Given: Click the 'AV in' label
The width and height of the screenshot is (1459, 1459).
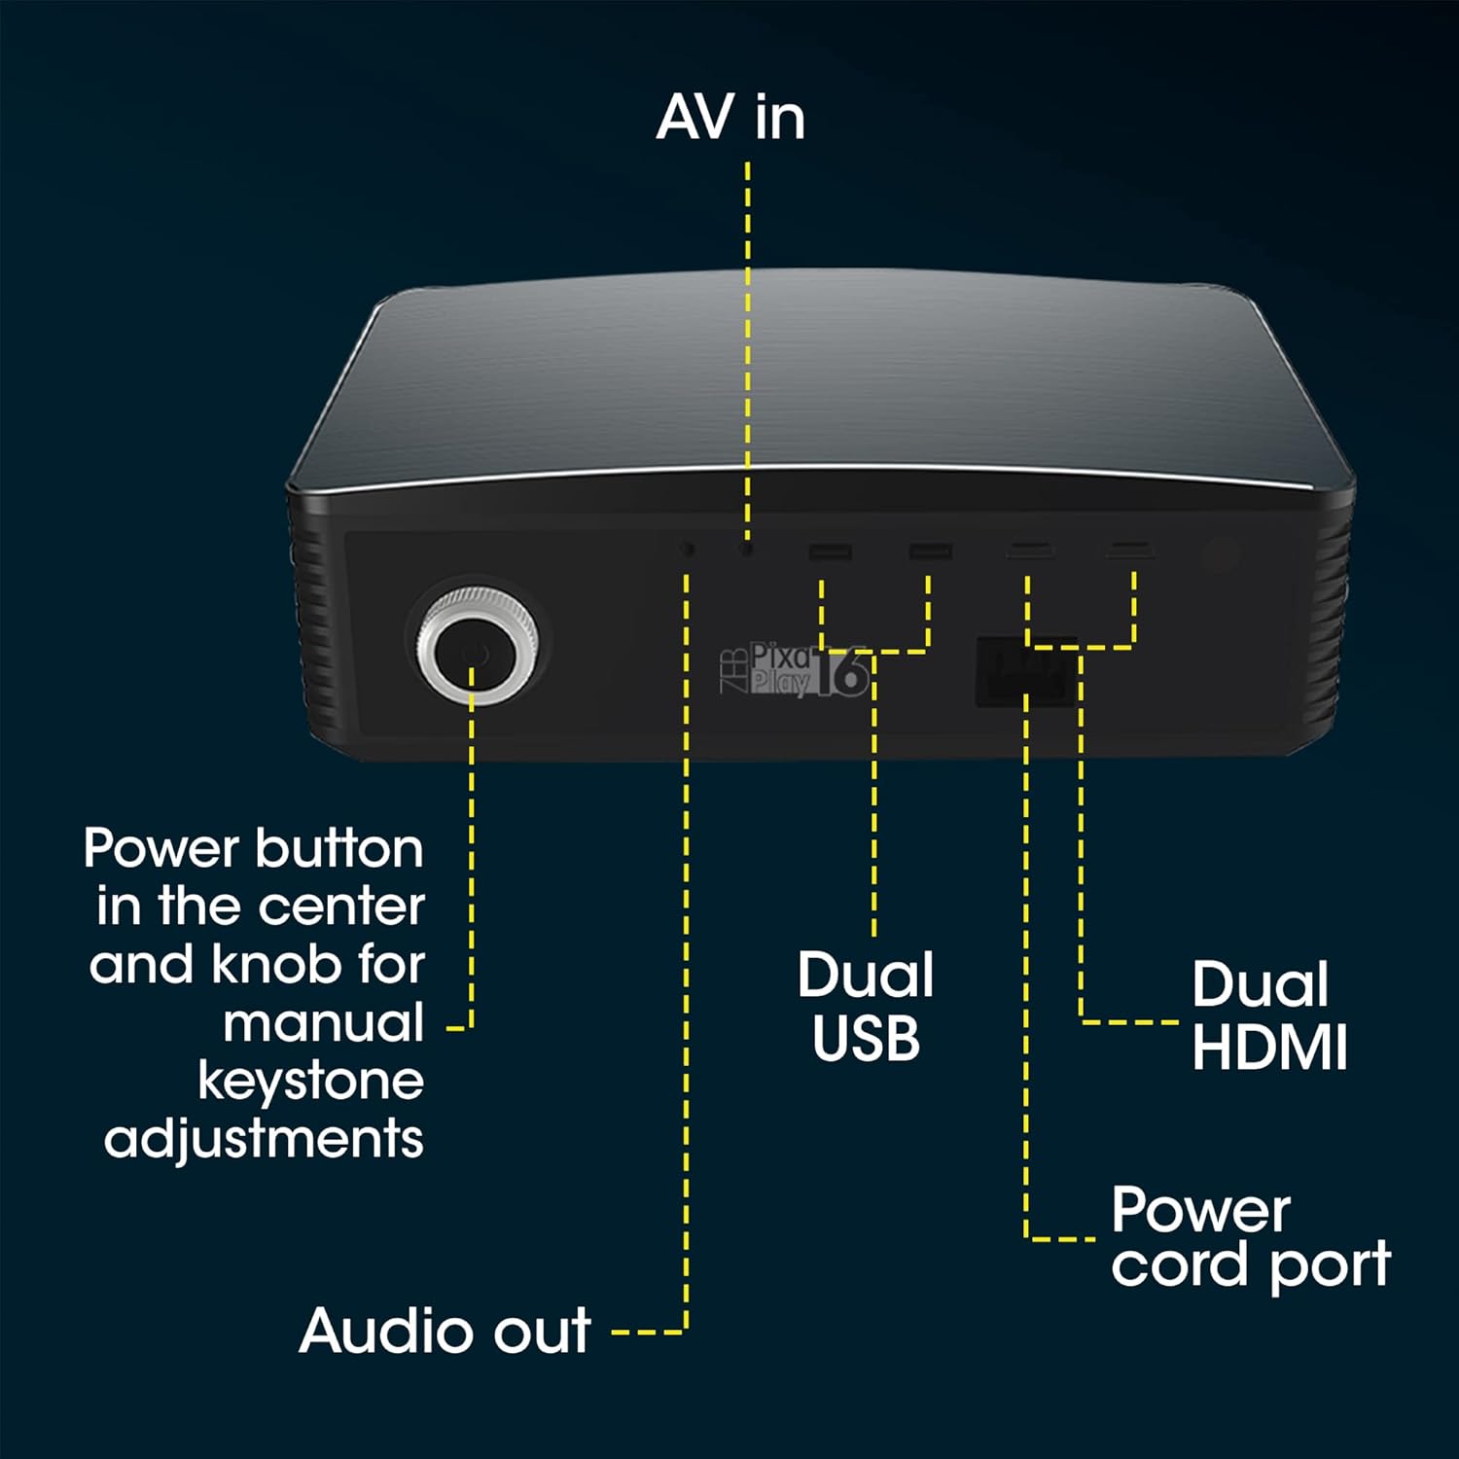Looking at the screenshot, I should [730, 118].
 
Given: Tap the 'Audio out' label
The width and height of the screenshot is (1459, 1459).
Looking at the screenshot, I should [445, 1331].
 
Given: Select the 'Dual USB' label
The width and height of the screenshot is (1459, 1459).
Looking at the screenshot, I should [866, 1007].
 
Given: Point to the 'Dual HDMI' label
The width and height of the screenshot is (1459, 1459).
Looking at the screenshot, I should [1269, 1015].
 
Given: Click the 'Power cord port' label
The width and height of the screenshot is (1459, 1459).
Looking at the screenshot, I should [1251, 1237].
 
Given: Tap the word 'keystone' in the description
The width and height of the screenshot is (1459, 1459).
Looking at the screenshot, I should [311, 1081].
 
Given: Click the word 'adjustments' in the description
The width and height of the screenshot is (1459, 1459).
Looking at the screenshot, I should [264, 1139].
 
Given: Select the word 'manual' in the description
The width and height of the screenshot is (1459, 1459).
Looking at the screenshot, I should [324, 1023].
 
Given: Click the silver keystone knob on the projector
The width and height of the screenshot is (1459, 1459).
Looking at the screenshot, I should [477, 647].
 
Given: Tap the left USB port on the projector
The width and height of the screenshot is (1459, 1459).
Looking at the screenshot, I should [830, 553].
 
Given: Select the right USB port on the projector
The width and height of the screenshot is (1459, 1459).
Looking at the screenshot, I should [930, 552].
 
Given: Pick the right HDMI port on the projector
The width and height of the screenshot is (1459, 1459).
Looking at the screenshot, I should [1130, 552].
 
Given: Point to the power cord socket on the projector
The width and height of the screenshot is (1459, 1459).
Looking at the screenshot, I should [1026, 671].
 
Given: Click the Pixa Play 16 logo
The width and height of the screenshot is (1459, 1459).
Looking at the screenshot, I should [793, 669].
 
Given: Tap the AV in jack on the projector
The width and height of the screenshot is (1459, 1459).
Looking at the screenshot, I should [747, 549].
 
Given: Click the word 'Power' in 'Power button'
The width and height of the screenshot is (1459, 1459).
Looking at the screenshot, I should [160, 848].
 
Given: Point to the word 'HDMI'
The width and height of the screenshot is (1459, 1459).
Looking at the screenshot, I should [1269, 1048].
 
